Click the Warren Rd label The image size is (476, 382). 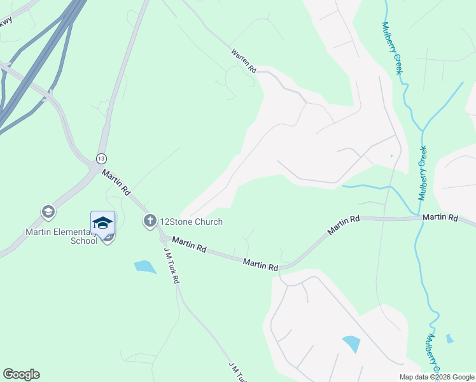244,60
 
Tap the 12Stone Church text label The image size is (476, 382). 191,222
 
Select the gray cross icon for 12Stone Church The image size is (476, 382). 150,222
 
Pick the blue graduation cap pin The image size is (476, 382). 102,223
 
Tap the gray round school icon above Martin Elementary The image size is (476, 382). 48,211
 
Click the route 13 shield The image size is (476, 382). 101,158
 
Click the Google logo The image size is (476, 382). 21,374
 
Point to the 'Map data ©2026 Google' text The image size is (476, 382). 437,377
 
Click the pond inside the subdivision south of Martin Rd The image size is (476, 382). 351,344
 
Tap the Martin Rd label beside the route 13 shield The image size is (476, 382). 116,181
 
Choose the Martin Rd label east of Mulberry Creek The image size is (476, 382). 440,218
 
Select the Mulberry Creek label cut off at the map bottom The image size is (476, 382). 432,353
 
